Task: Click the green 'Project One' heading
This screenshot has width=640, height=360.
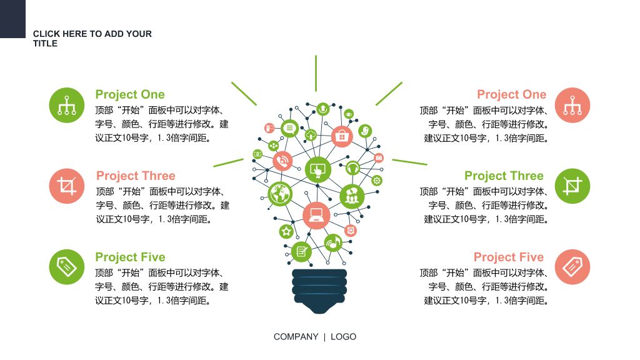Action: click(x=130, y=94)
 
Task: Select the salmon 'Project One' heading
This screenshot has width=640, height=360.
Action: click(x=511, y=94)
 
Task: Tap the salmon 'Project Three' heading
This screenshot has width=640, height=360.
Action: click(x=136, y=176)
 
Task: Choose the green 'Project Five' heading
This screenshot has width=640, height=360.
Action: click(x=130, y=257)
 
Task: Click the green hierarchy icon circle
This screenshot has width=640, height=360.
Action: click(x=66, y=105)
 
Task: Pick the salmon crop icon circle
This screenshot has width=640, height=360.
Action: click(x=66, y=186)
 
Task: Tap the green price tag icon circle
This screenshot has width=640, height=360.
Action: click(x=66, y=267)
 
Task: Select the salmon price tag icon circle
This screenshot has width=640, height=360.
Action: click(x=572, y=267)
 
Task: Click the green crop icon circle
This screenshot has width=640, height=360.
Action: click(x=572, y=186)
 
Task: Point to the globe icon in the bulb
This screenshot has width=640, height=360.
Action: click(x=280, y=194)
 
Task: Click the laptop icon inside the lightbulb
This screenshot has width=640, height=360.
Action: click(x=316, y=215)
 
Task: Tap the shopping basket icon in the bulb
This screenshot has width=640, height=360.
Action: click(x=342, y=136)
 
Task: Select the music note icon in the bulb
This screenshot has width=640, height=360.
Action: click(x=334, y=243)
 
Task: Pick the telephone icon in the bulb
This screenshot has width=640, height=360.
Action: click(x=282, y=161)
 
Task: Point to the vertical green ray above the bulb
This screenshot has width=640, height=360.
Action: click(x=316, y=74)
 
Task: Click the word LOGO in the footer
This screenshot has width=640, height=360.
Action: click(x=343, y=337)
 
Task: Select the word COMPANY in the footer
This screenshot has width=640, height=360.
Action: click(x=296, y=337)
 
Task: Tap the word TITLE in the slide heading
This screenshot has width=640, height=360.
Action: click(x=45, y=44)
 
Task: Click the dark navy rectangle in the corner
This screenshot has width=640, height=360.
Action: click(x=12, y=19)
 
